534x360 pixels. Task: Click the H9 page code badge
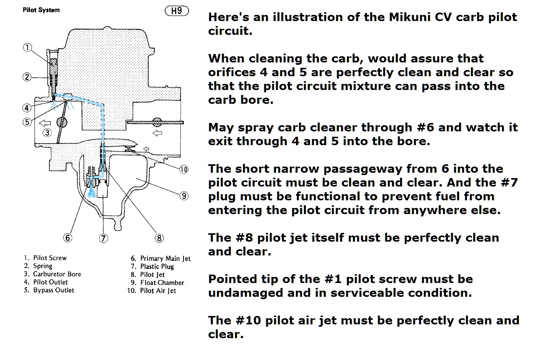[177, 11]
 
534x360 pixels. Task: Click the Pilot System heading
[41, 10]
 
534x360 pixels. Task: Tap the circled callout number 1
[28, 47]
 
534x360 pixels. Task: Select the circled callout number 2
[27, 77]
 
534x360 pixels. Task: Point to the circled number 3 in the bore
[47, 133]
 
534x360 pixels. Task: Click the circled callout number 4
[27, 108]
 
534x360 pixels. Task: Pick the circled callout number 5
[27, 122]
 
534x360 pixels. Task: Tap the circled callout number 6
[68, 238]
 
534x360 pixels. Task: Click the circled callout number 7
[103, 238]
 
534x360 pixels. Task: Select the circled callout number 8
[159, 238]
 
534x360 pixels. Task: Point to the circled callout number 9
[184, 196]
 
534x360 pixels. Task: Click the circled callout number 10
[184, 170]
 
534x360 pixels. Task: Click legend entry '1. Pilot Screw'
[45, 258]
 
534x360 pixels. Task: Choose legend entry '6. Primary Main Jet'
[161, 259]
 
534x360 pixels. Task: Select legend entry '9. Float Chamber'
[157, 283]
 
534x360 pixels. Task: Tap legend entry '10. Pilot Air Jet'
[152, 291]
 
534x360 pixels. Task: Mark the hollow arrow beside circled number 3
[45, 123]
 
